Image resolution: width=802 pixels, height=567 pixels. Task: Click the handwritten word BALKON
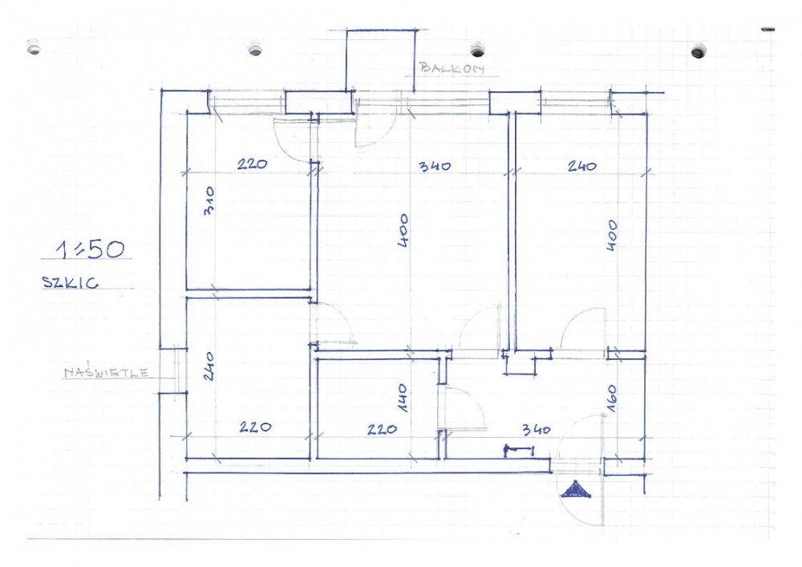click(452, 68)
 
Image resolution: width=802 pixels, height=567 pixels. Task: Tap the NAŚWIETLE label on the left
click(107, 373)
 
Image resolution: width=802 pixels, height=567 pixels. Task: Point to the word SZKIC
click(70, 282)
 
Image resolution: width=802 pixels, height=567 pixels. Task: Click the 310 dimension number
click(209, 200)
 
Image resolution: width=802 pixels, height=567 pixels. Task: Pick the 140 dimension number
click(402, 399)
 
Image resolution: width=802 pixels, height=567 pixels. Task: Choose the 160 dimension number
click(612, 399)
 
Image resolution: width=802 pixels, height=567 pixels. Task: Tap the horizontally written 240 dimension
click(582, 166)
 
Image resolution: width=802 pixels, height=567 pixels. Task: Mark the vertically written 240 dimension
click(209, 366)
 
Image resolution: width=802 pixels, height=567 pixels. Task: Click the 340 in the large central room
click(435, 166)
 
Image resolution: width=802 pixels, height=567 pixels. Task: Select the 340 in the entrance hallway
click(536, 430)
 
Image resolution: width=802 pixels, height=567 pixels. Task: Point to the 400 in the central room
click(403, 231)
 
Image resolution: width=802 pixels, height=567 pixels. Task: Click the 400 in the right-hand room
click(612, 235)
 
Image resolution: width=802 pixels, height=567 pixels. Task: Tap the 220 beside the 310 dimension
click(252, 164)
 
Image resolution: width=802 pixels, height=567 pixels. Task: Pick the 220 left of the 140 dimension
click(382, 430)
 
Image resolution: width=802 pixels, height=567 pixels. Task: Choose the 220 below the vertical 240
click(255, 427)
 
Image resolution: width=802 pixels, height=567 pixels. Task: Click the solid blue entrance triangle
click(576, 490)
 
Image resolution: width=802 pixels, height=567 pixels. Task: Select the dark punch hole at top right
click(699, 51)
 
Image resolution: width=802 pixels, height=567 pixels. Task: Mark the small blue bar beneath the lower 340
click(519, 450)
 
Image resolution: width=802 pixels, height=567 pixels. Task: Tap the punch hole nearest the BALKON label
click(477, 49)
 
